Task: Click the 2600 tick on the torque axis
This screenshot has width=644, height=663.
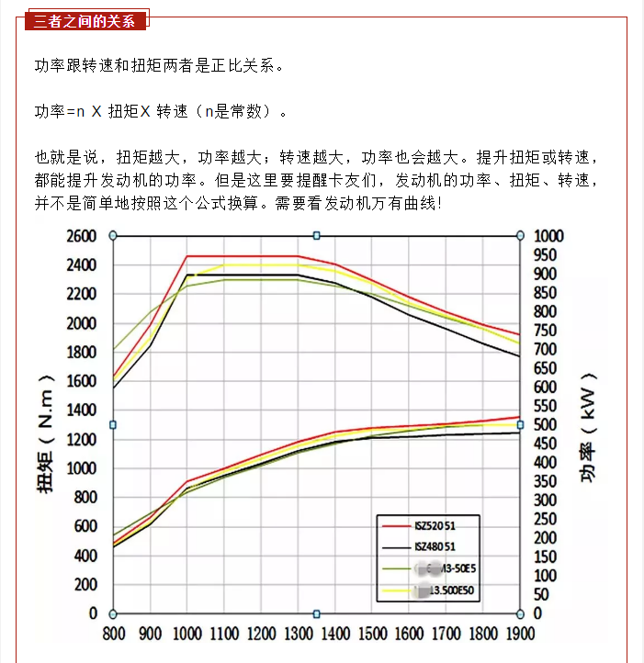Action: click(x=80, y=236)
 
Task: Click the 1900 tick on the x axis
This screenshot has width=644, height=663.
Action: click(x=519, y=634)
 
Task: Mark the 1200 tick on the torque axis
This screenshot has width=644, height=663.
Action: click(x=80, y=439)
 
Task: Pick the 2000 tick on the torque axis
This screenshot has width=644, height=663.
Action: click(x=80, y=323)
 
